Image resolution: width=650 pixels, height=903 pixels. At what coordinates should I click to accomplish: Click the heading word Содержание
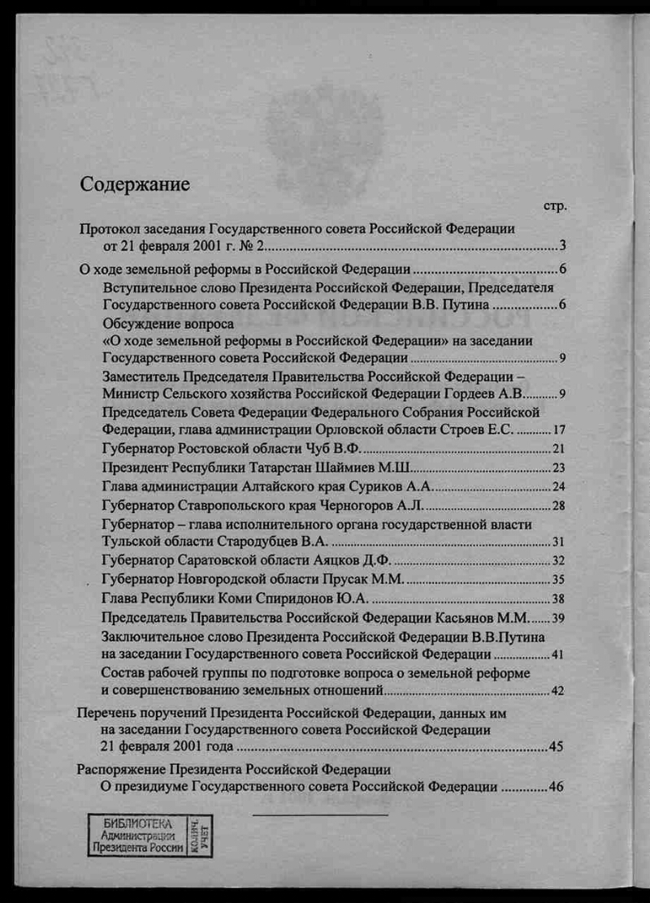coord(135,184)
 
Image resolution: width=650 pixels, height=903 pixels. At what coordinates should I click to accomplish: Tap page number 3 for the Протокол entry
coord(561,246)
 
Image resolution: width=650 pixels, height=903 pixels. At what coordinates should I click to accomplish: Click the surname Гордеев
coord(472,395)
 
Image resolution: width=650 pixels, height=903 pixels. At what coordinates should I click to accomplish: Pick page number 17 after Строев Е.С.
coord(558,430)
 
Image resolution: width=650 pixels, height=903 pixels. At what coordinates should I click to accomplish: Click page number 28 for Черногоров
coord(558,506)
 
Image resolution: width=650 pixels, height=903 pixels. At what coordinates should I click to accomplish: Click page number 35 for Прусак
coord(558,580)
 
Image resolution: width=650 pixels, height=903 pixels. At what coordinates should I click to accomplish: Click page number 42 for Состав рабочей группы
coord(557,692)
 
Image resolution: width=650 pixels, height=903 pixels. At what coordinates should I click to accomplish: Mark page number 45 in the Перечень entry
coord(556,747)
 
